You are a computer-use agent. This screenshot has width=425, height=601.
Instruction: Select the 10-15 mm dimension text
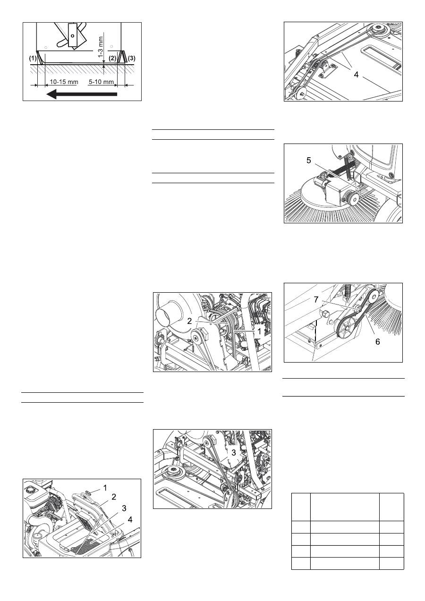coord(64,82)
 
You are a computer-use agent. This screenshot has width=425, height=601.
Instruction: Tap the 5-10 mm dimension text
coord(101,82)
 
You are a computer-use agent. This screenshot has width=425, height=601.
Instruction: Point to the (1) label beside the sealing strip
coord(33,58)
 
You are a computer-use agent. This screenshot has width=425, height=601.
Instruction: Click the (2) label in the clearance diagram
coord(112,58)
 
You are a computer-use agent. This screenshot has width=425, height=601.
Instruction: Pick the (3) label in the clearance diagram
coord(132,58)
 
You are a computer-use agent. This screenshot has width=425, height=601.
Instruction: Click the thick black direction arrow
coord(82,94)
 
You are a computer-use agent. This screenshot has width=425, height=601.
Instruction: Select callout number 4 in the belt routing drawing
coord(356,75)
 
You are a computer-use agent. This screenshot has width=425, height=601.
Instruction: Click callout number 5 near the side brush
coord(309,161)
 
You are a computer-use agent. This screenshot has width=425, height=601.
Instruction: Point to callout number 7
coord(316,299)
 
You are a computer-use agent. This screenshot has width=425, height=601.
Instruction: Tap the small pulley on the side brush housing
coord(352,199)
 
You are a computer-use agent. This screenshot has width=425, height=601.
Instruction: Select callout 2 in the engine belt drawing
coord(189,321)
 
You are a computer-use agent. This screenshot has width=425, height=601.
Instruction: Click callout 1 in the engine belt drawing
coord(259,331)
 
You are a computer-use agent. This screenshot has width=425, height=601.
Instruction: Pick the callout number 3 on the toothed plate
coord(233,453)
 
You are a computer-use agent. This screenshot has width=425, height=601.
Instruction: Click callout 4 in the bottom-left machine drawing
coord(130,520)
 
